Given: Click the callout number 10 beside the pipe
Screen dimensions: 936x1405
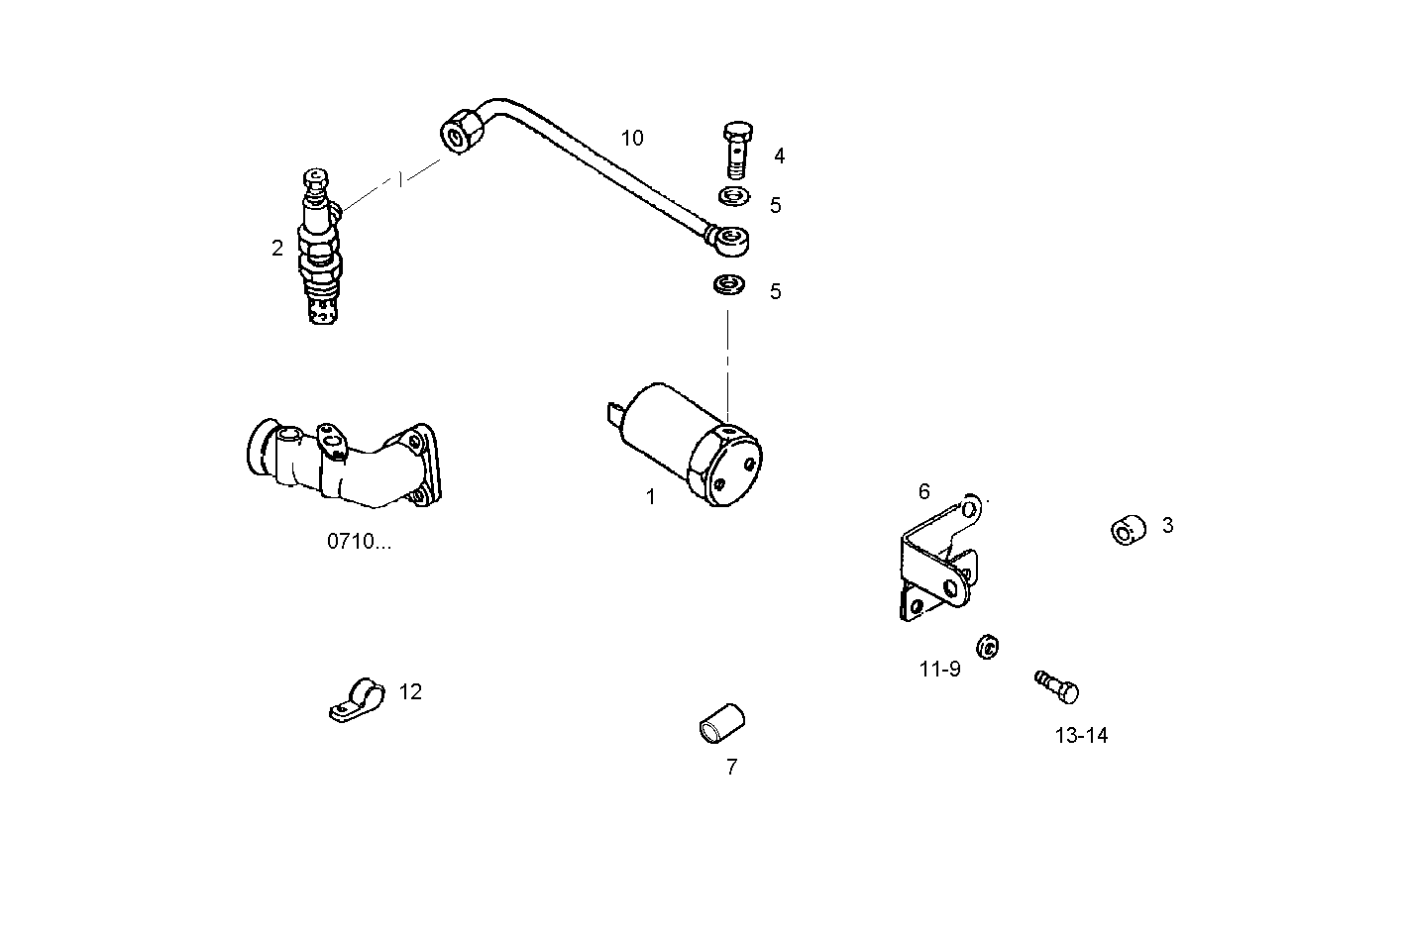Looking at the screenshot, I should coord(632,139).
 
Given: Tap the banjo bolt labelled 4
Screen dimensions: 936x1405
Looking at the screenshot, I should coord(736,151).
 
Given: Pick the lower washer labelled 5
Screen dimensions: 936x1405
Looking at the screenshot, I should coord(729,285).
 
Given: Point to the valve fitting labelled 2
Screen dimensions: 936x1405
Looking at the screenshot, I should coord(321,248).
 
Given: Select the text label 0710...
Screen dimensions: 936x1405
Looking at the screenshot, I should coord(359,542).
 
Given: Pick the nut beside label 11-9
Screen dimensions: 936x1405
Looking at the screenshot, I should coord(987,647).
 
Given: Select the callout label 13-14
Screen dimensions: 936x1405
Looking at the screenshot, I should coord(1081,736).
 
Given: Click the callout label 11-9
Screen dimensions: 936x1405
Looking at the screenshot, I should coord(939,670).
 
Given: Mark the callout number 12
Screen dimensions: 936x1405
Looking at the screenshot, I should coord(410,692).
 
